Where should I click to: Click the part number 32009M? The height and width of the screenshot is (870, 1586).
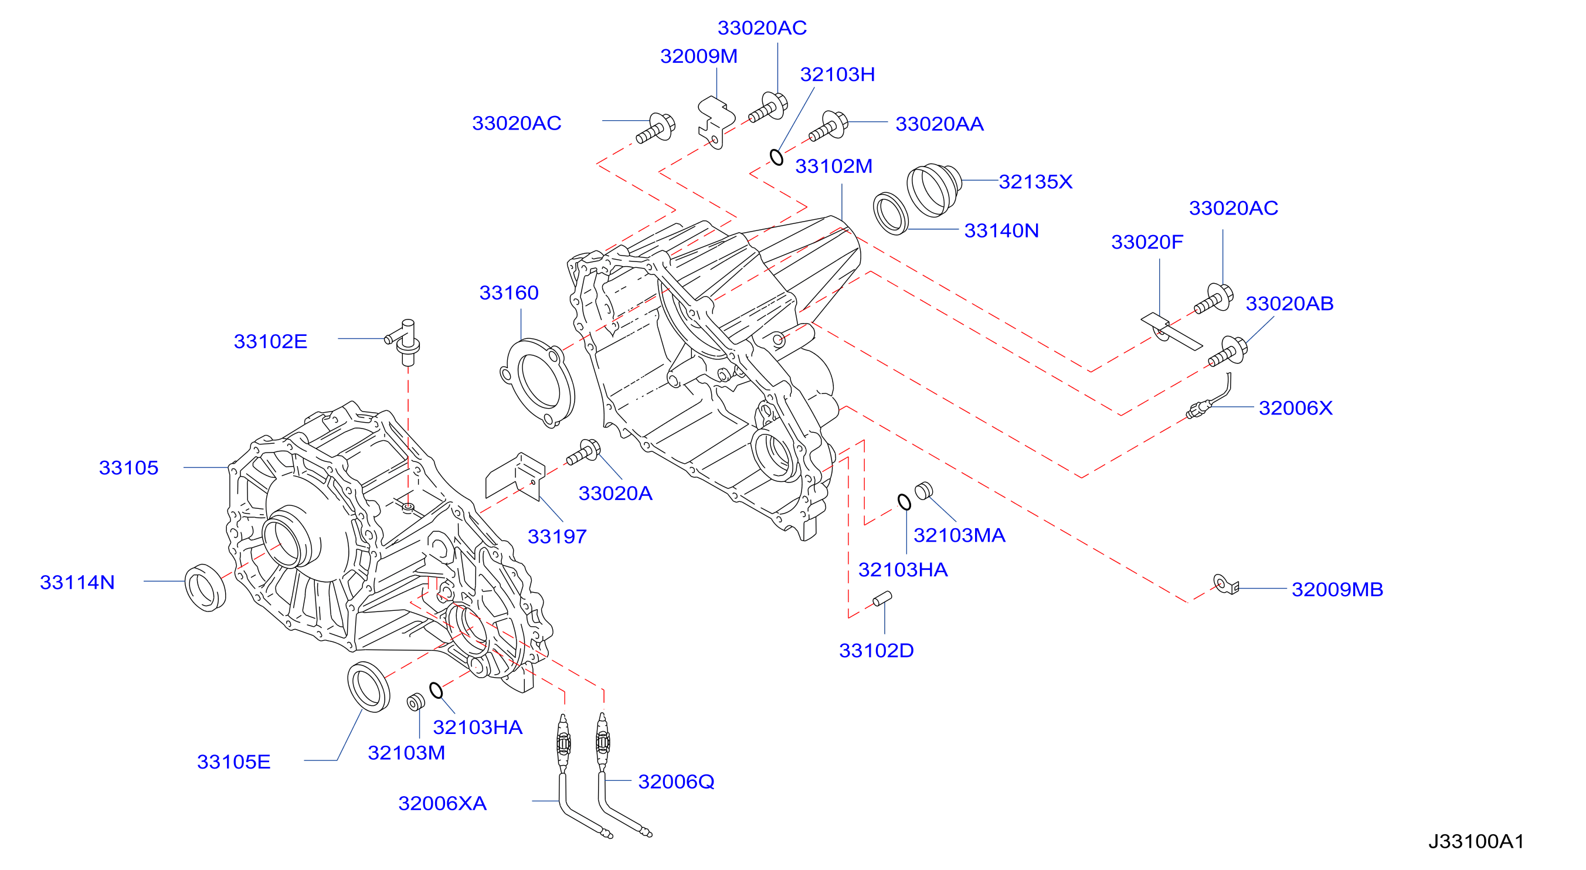click(699, 57)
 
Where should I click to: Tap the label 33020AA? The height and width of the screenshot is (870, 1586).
click(939, 124)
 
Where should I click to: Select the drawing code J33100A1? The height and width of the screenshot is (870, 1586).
click(1476, 842)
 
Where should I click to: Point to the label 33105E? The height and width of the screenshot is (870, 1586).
click(234, 762)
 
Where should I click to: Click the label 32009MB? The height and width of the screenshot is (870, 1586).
click(1337, 590)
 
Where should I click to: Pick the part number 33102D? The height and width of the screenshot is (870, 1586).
click(877, 651)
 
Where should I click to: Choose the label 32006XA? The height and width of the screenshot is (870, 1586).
click(443, 804)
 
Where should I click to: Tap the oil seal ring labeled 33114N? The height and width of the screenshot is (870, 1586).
click(206, 587)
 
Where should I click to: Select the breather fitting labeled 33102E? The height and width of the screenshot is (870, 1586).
click(405, 342)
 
